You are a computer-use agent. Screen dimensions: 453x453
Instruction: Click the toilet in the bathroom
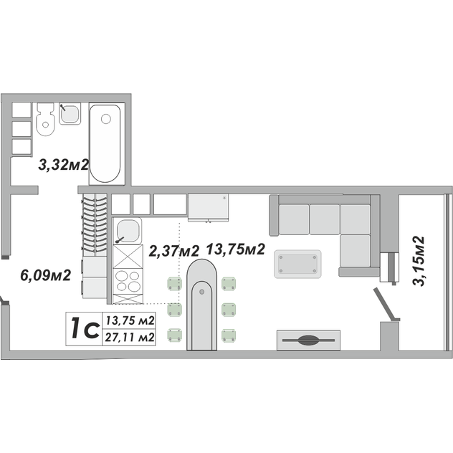coord(45,119)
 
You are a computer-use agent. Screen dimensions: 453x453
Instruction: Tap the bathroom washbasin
coord(70,114)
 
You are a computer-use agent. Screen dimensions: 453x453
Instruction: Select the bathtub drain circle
coord(106,119)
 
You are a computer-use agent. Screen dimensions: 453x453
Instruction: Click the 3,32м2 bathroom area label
coord(64,166)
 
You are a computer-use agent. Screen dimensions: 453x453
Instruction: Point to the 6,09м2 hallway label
coord(46,275)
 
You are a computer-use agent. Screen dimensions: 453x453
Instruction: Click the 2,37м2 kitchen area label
coord(174,251)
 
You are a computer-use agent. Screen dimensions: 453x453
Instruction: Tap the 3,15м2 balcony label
coord(419,261)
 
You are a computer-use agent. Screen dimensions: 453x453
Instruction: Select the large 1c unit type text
coord(85,328)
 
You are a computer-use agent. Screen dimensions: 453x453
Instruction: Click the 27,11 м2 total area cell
coord(130,337)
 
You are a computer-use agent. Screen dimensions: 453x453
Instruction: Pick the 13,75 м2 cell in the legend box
coord(130,320)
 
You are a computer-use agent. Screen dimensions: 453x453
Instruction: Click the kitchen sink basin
coord(128,231)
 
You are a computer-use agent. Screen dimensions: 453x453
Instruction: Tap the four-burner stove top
coord(128,281)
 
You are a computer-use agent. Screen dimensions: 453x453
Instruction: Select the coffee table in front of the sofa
coord(297,264)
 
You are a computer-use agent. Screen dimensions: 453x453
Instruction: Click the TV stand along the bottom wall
coord(308,340)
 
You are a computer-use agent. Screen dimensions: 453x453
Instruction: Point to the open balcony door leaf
coord(386,304)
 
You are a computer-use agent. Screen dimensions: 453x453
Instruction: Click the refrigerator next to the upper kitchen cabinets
coord(208,207)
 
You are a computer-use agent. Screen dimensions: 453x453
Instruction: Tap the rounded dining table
coord(201,305)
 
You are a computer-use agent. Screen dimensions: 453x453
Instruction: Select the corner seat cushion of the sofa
coord(355,219)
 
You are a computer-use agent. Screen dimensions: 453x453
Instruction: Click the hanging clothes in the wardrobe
coord(95,225)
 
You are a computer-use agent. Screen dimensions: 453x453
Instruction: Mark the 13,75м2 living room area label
coord(236,249)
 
